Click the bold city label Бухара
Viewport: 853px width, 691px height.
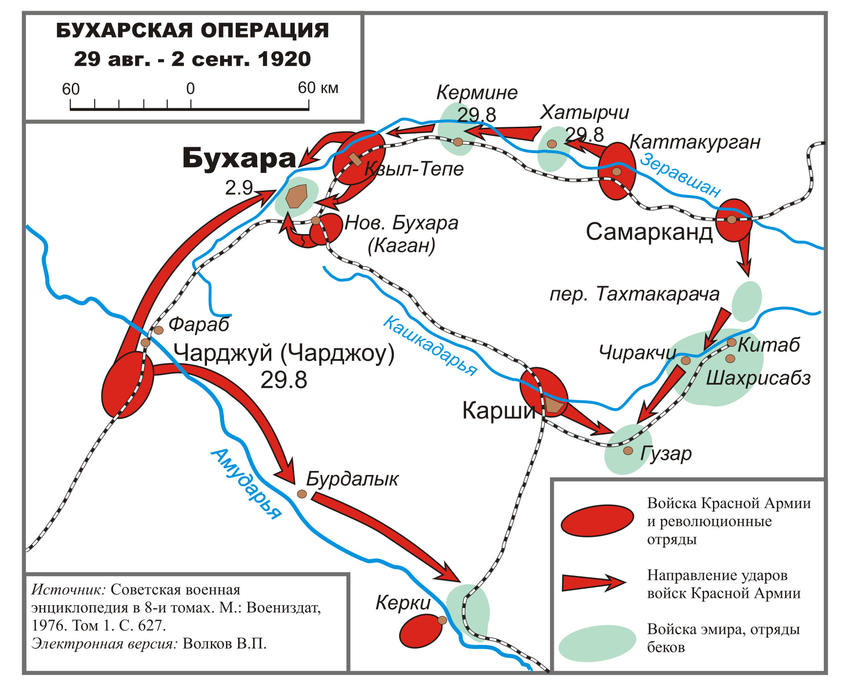[239, 158]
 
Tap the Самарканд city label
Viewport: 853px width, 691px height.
[649, 232]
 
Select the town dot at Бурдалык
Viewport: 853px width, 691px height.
[302, 494]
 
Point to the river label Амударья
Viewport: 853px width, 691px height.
[246, 483]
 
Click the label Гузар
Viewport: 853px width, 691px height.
[666, 454]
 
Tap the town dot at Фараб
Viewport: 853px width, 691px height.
[159, 330]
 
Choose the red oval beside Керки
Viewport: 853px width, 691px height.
[420, 631]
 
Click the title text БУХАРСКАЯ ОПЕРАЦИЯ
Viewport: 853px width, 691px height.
[193, 30]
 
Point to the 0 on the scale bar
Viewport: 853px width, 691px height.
[190, 89]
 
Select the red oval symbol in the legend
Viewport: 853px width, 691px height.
[597, 521]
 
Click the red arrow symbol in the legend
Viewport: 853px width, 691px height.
[593, 582]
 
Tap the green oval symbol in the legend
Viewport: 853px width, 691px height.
[597, 643]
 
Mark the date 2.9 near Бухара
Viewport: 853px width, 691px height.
[239, 188]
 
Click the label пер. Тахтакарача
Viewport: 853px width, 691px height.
[634, 295]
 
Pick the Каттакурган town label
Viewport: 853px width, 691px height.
[695, 142]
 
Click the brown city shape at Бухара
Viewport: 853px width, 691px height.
[296, 197]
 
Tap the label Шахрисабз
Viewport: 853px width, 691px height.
[758, 378]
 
